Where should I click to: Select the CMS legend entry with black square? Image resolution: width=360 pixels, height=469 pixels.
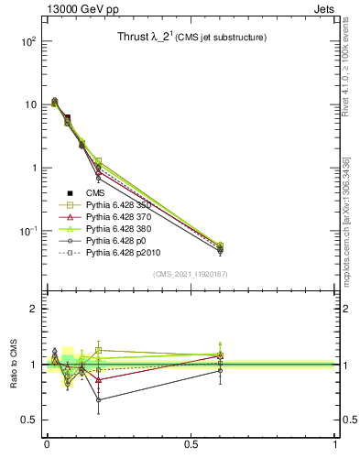point(96,192)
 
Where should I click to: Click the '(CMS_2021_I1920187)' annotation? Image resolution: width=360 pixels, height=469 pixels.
point(191,274)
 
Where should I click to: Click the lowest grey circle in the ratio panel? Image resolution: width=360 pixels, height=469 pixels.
point(98,399)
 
